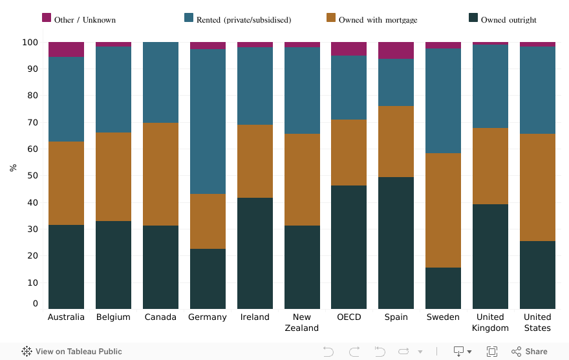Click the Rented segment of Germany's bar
(208, 122)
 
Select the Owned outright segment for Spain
(396, 242)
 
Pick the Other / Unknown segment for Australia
(66, 50)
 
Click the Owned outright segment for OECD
(349, 247)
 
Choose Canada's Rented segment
(160, 83)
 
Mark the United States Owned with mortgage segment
(537, 187)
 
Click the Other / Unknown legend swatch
(47, 18)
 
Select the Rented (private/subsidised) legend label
(244, 20)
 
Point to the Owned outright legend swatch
(473, 18)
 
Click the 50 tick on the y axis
(33, 176)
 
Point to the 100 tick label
(30, 43)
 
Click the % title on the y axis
(13, 168)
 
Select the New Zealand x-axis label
(301, 323)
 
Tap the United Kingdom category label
(490, 323)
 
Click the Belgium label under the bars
(113, 317)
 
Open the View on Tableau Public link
(72, 352)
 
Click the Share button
(530, 352)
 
